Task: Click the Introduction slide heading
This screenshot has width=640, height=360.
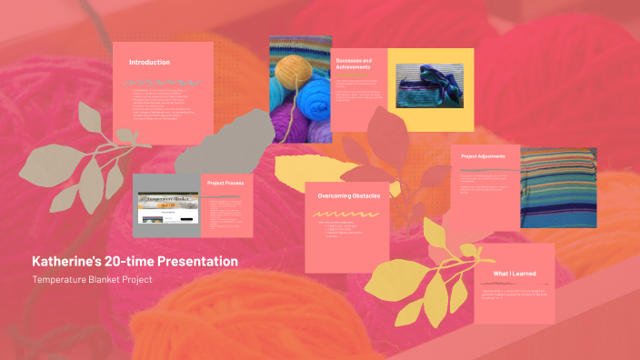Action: [x=149, y=62]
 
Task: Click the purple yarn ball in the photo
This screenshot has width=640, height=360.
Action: [x=288, y=119]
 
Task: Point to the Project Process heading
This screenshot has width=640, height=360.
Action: [x=225, y=183]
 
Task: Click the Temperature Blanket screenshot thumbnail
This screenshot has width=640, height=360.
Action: [x=167, y=207]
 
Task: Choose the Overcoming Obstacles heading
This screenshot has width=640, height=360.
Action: [x=348, y=195]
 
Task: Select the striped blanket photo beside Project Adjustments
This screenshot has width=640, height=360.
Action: [x=557, y=187]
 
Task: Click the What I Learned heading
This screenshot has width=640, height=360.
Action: [x=514, y=273]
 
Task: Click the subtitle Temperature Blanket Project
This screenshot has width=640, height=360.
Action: [x=91, y=279]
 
